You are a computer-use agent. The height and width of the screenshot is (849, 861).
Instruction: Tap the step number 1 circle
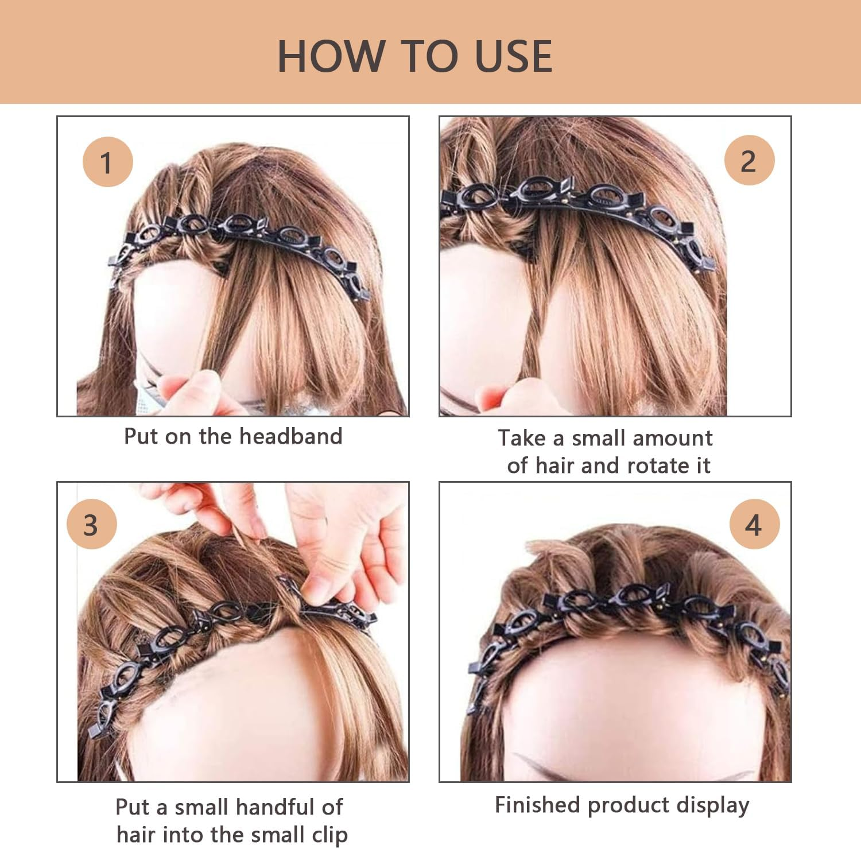(x=107, y=162)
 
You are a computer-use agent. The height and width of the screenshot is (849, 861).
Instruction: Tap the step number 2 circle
(x=748, y=161)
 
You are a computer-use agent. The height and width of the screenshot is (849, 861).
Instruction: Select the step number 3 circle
(x=91, y=525)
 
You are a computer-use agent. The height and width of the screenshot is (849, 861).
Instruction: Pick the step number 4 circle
(x=754, y=525)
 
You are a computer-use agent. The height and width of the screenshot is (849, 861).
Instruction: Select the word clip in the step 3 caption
(x=329, y=835)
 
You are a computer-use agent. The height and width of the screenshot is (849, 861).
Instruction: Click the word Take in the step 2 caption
(x=521, y=438)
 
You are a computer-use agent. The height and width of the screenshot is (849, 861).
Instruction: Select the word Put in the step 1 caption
(x=141, y=436)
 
